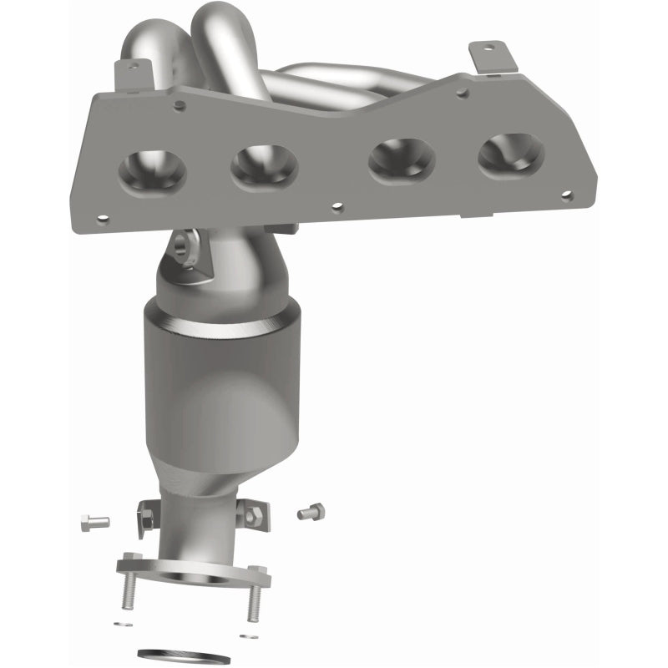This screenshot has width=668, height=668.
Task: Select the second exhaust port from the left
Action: click(265, 164)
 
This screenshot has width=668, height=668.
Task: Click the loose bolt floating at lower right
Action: click(311, 510)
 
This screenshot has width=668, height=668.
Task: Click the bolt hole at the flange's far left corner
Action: click(103, 220)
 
